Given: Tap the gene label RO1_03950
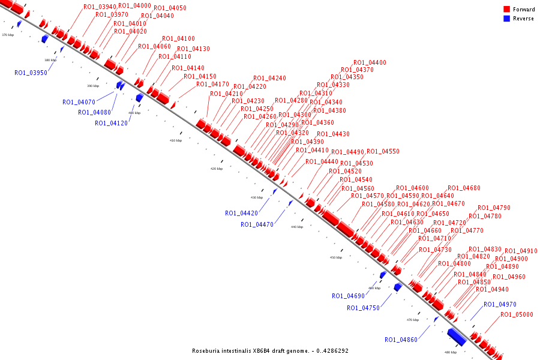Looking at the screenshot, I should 31,73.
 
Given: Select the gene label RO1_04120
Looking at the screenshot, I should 111,123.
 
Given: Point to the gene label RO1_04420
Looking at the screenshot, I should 241,213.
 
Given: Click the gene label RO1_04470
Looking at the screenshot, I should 257,224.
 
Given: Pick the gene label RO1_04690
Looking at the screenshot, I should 348,296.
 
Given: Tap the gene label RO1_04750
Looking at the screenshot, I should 363,308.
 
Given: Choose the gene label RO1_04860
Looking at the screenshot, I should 401,340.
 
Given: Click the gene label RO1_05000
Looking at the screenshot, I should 517,314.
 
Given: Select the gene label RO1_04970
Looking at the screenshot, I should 500,304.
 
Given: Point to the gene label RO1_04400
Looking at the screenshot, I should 370,62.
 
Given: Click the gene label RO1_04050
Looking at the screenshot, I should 170,8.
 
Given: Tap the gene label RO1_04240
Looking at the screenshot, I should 269,78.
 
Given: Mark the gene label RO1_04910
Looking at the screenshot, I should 521,251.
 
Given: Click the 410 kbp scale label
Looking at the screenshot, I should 176,140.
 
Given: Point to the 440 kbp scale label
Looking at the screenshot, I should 297,227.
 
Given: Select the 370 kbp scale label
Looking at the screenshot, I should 8,35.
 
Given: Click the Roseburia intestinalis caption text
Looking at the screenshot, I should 270,351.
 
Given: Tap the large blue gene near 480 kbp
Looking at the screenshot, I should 457,337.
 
